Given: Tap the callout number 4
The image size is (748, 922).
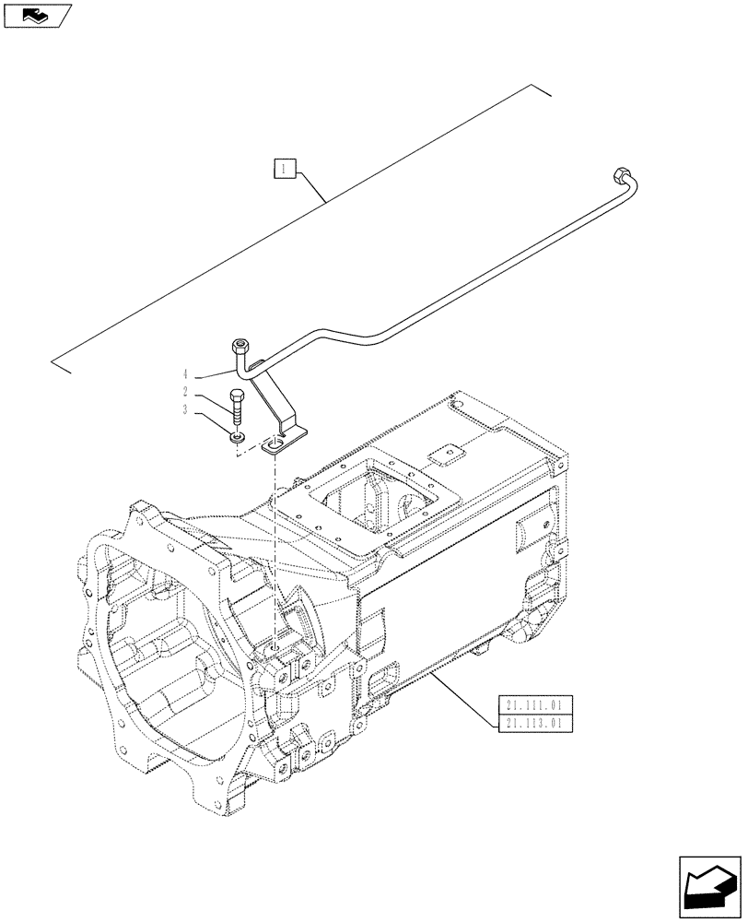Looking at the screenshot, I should tap(186, 374).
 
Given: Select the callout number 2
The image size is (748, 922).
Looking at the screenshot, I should tap(186, 393).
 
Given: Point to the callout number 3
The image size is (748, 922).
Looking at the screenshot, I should tap(186, 410).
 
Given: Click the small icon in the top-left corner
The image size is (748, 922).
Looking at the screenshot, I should tap(36, 14).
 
